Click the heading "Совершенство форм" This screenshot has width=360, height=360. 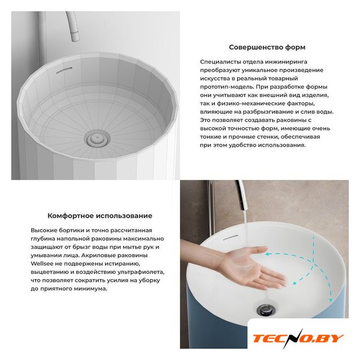267,47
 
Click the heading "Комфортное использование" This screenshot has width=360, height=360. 100,216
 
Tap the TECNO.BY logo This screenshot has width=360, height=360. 298,338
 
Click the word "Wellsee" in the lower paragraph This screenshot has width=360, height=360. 40,264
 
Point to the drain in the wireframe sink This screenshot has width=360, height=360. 97,138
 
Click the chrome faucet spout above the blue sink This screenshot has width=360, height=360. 242,195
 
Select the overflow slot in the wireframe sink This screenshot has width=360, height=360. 64,70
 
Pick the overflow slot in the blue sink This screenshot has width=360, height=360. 231,237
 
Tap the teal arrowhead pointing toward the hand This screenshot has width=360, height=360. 267,254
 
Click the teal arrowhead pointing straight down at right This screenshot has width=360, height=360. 331,300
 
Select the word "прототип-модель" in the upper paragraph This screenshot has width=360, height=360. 227,87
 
